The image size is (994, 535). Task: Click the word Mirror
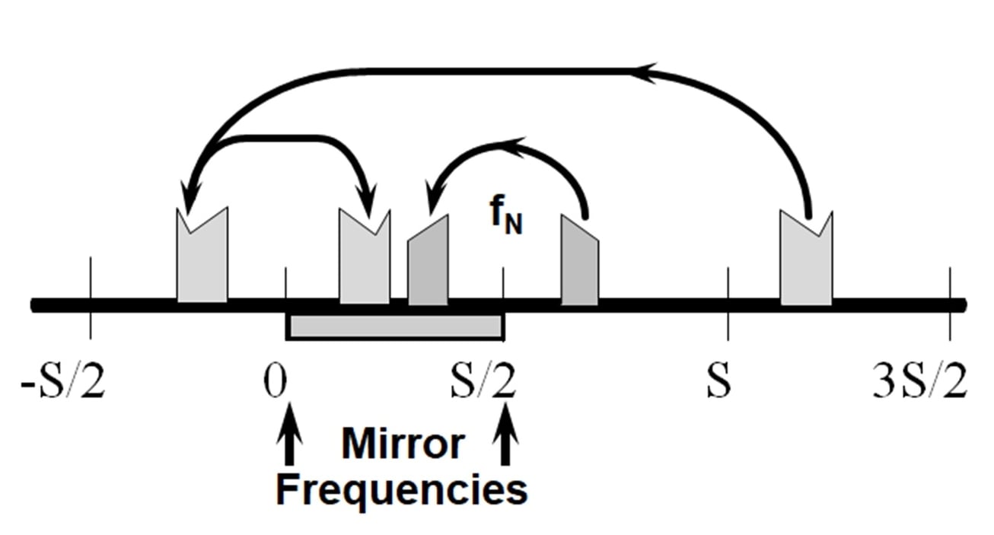coord(403,444)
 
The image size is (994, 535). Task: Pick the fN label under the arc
coord(505,218)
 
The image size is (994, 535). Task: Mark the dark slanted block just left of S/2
coord(428,266)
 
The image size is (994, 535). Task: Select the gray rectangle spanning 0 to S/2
coord(394,326)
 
